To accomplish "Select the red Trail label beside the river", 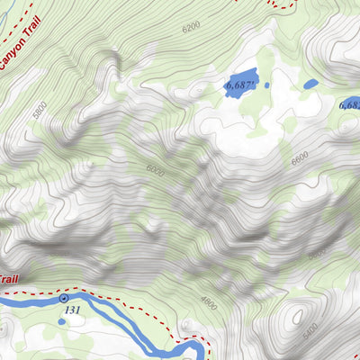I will [7, 279].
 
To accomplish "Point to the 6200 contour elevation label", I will [190, 27].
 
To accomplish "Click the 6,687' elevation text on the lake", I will [241, 85].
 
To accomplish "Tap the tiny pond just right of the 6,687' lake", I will [267, 85].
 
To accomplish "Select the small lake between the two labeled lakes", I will [310, 84].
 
